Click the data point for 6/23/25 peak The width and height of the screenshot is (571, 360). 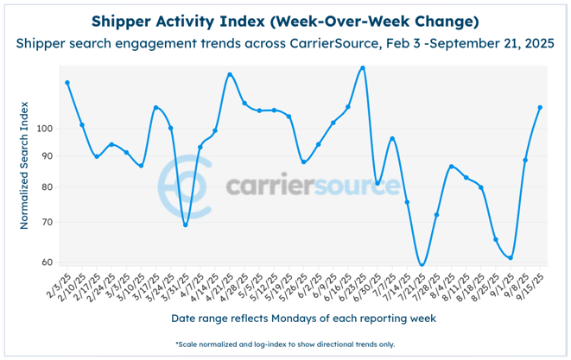click(x=362, y=68)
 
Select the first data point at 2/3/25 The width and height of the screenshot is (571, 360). click(x=67, y=83)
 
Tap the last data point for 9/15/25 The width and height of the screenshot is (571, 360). click(x=540, y=108)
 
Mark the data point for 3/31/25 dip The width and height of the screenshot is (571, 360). click(x=186, y=224)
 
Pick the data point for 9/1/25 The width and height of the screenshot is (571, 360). click(x=511, y=257)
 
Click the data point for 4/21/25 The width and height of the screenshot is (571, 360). click(x=230, y=75)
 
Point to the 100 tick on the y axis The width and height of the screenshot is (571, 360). click(x=45, y=129)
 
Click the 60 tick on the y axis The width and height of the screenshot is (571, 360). click(x=48, y=262)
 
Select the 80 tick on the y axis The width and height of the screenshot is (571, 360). click(x=48, y=187)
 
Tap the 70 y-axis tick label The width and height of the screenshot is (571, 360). click(x=48, y=223)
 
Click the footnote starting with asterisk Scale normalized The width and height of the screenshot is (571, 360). click(x=285, y=344)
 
